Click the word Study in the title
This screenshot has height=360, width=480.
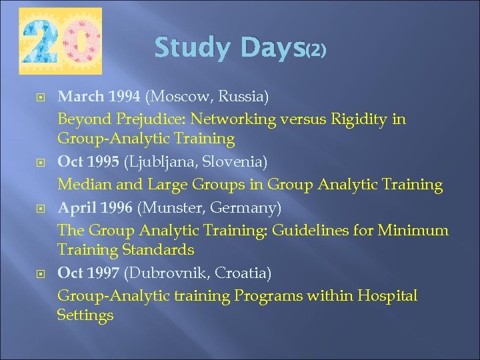point(191,47)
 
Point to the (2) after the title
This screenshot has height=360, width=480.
point(315,51)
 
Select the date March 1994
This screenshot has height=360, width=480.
point(99,97)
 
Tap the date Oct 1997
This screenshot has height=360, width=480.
point(89,273)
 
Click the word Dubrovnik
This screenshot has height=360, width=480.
point(164,273)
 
